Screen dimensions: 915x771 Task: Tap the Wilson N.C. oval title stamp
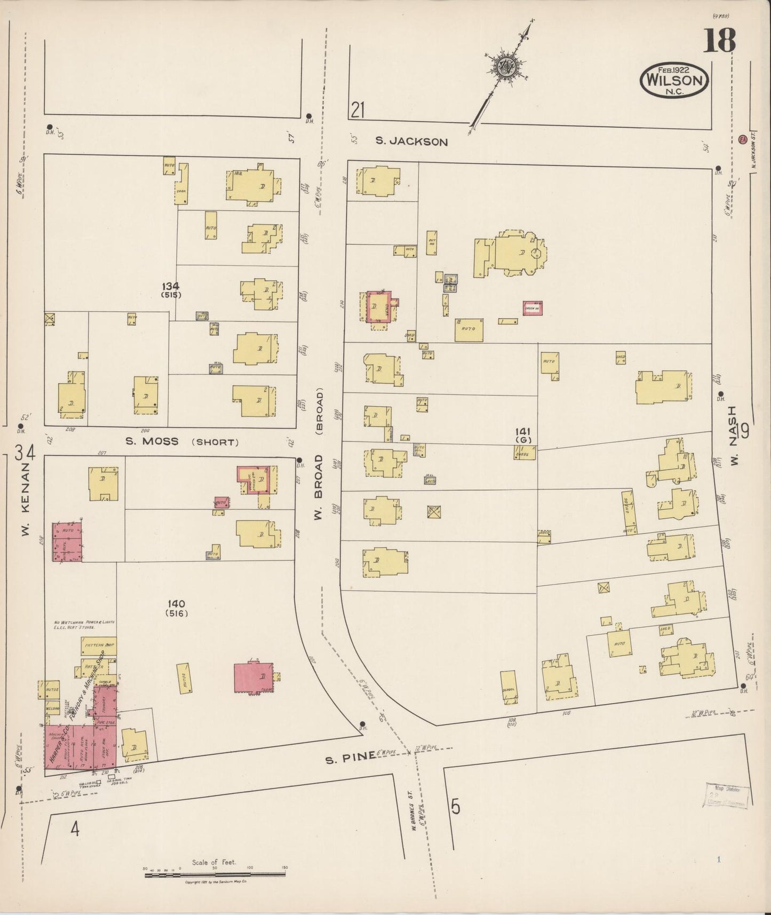674,79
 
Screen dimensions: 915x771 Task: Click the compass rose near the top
504,67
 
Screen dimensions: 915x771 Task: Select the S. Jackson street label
411,141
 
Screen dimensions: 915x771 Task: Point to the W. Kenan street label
28,502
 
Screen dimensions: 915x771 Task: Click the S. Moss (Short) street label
181,441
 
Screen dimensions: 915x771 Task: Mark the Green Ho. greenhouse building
532,308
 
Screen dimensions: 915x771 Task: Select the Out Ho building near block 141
432,242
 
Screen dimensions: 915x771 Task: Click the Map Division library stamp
727,796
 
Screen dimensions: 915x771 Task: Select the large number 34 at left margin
25,454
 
